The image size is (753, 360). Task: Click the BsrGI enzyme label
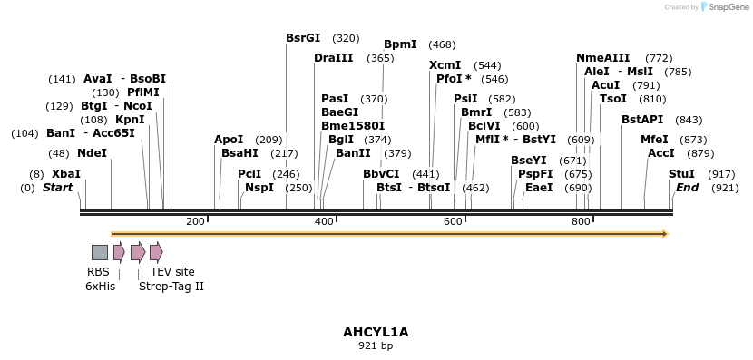(x=303, y=38)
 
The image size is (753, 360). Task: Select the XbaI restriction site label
(x=66, y=173)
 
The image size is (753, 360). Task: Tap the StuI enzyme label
(x=681, y=173)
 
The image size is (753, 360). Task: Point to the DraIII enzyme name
(x=334, y=58)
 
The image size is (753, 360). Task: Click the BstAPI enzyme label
(x=642, y=120)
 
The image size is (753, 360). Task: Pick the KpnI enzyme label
(x=130, y=120)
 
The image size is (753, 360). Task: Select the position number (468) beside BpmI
(x=442, y=44)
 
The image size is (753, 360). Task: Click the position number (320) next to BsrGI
(x=346, y=38)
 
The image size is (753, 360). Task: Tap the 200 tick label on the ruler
(x=195, y=222)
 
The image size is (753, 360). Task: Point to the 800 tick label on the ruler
(x=582, y=222)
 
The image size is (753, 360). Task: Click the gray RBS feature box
(x=100, y=252)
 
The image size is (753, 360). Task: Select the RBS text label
(x=98, y=272)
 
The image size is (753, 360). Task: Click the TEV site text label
(x=172, y=272)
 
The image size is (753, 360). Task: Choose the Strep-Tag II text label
(x=171, y=287)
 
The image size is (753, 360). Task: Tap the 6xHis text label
(x=100, y=287)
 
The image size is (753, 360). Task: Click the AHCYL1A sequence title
(x=376, y=332)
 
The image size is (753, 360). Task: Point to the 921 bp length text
(x=376, y=345)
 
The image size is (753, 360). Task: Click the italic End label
(x=687, y=188)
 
